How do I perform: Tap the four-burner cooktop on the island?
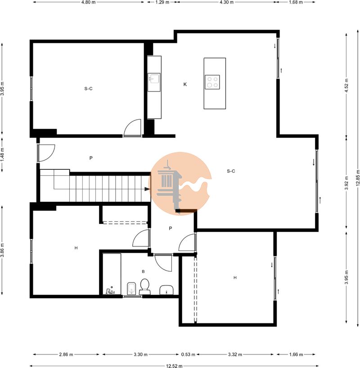point(212,82)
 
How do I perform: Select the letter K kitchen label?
point(185,84)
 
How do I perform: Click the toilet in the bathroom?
point(144,286)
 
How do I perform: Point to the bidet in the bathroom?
point(131,288)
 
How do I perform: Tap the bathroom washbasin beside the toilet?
point(166,290)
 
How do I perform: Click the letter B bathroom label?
point(143,272)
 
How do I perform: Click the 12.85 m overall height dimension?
point(357,178)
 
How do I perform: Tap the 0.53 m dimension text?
point(188,354)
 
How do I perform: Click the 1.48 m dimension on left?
point(2,154)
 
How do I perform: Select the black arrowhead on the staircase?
point(147,189)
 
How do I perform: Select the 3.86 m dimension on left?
point(2,250)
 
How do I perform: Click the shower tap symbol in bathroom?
point(110,291)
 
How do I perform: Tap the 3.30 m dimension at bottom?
point(140,354)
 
